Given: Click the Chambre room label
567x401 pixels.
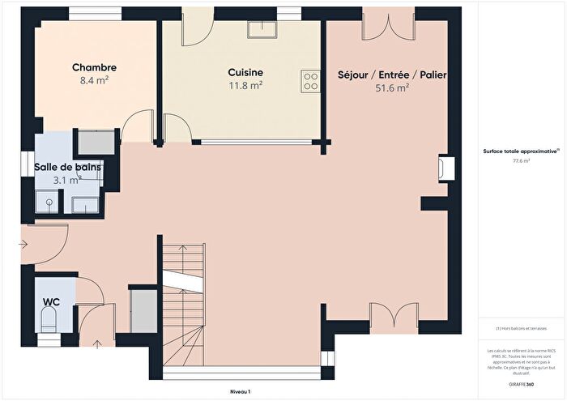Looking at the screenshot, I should [x=94, y=67].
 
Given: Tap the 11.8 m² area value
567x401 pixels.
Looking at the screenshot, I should [x=245, y=84].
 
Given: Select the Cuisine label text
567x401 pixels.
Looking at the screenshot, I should [x=245, y=71].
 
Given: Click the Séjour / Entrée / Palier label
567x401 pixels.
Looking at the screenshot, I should [x=392, y=75].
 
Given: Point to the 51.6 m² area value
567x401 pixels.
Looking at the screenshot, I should [x=392, y=88].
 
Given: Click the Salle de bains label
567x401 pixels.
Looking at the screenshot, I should [x=68, y=167].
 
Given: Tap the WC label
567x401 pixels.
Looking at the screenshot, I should [x=51, y=301].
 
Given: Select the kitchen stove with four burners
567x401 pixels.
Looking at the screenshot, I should [x=310, y=80].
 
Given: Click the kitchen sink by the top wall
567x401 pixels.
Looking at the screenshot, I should [x=262, y=30].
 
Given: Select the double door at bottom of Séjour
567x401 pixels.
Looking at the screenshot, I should [x=395, y=317].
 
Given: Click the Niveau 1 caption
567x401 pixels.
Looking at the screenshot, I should [x=240, y=391].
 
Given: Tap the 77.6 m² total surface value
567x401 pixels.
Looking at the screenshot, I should [x=521, y=160].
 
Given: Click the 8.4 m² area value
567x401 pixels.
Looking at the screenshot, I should [x=94, y=80].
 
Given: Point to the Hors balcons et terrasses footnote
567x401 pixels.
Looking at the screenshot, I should [x=522, y=328].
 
